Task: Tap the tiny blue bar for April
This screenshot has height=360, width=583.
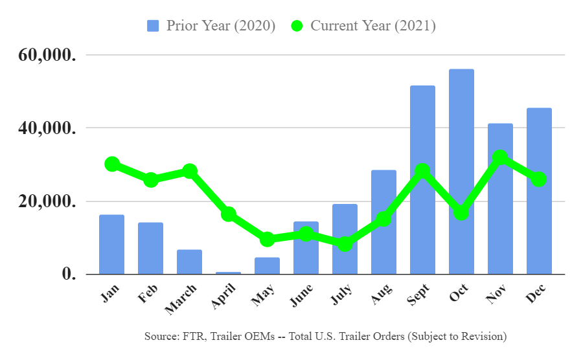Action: pos(228,273)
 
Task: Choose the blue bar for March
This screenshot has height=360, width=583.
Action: pos(189,262)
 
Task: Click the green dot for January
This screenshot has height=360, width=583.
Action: pos(112,164)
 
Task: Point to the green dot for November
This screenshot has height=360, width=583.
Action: pos(499,157)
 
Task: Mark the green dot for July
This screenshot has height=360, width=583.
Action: pos(345,244)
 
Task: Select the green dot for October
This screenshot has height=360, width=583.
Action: pos(461,212)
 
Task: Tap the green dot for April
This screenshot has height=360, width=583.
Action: pos(228,214)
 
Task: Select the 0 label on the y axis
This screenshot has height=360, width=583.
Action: pos(69,274)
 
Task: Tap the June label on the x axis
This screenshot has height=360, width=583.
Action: pos(303,297)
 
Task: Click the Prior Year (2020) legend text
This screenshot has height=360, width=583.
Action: pos(221,26)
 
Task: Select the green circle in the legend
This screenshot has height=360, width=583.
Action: pos(297,26)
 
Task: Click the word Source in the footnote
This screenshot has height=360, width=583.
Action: pos(161,337)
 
